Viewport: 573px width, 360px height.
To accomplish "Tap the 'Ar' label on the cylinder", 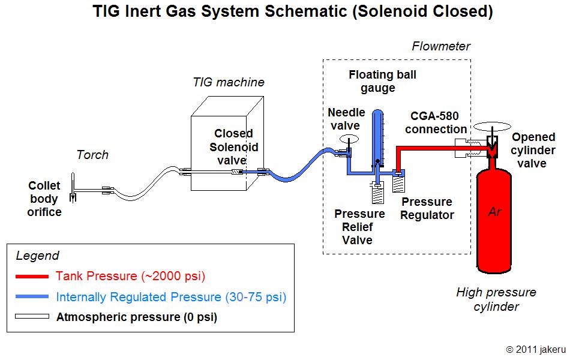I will tap(494, 211).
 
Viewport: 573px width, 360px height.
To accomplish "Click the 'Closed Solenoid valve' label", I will tap(233, 147).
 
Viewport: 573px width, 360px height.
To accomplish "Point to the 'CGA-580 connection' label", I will tap(438, 122).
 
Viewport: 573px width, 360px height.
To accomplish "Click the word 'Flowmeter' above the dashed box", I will tap(441, 46).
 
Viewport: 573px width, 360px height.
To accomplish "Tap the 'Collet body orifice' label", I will tap(44, 199).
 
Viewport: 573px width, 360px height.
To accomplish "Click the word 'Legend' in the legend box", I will tap(37, 256).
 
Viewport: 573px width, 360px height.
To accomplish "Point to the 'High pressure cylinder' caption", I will tap(496, 299).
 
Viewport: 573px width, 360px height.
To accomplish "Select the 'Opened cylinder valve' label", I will tap(533, 150).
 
